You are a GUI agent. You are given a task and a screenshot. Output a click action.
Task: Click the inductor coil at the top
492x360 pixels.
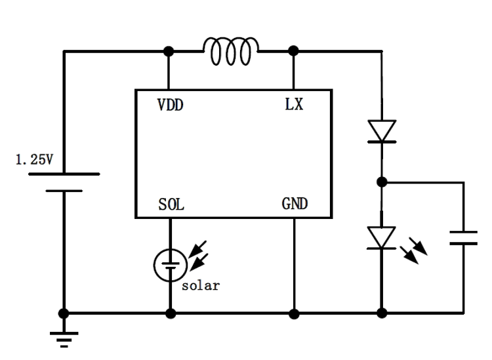pos(231,51)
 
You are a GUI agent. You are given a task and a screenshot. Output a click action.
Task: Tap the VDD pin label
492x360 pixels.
pos(170,105)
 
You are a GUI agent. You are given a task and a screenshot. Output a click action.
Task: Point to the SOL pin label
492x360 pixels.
pos(171,205)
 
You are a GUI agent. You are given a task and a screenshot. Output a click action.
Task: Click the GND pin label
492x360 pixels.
pos(295,205)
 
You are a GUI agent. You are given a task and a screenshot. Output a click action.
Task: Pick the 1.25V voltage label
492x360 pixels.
pos(33,159)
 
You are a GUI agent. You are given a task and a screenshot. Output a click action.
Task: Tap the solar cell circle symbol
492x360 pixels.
pos(170,264)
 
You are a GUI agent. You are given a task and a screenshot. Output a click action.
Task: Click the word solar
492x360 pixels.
pos(200,286)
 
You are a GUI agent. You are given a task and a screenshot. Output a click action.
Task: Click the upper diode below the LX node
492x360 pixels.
pos(382,131)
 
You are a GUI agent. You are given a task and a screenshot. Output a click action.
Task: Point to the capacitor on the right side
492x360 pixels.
pos(463,237)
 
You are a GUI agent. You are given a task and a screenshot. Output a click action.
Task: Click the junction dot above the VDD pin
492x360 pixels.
pos(169,50)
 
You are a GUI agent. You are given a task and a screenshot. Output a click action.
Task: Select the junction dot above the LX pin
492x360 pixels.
pos(293,50)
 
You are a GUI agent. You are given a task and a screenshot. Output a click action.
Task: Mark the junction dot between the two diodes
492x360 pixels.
pos(382,182)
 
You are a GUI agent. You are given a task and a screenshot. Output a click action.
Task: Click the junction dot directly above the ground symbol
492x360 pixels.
pos(64,313)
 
